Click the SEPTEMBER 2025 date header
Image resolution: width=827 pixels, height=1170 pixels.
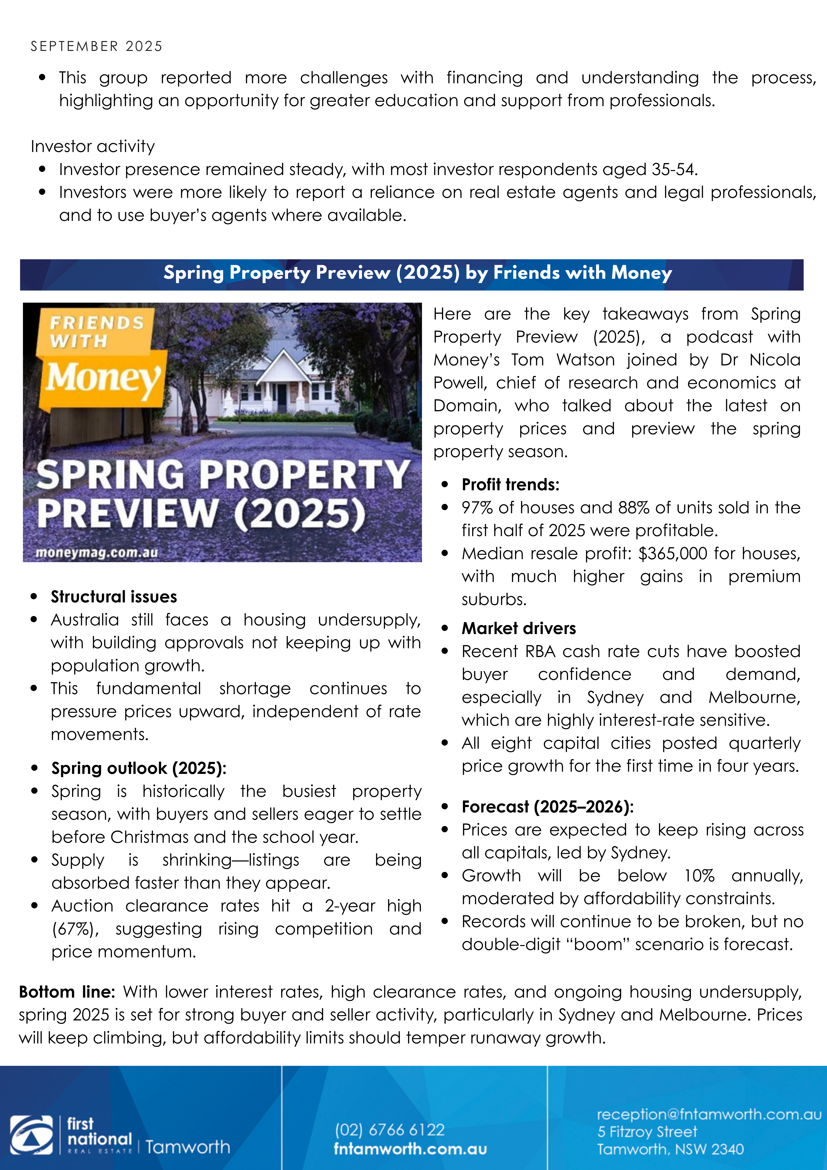click(96, 46)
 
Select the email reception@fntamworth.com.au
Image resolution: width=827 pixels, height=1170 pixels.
click(709, 1114)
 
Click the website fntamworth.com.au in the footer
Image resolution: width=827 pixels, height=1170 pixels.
click(410, 1149)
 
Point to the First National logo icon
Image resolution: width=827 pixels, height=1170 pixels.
click(32, 1134)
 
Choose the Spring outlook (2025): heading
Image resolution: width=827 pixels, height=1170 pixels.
click(139, 768)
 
